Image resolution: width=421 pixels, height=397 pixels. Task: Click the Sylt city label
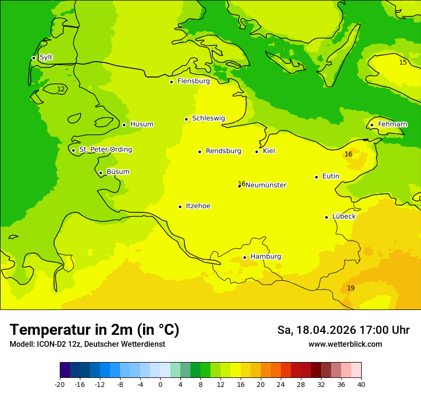(46, 57)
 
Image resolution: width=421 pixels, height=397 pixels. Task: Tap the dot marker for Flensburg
(171, 82)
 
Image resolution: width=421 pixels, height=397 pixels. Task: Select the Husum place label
(142, 124)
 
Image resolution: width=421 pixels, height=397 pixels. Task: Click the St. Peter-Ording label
(106, 150)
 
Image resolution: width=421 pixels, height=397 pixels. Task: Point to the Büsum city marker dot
(100, 173)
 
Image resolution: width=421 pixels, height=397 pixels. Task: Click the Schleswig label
(208, 118)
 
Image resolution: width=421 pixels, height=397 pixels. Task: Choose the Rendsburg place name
(223, 151)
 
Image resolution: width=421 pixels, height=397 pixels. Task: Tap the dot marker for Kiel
(257, 152)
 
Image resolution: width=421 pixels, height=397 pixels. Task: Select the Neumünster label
(266, 185)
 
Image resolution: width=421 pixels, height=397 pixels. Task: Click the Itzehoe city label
(198, 206)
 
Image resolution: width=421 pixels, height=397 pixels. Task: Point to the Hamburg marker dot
(244, 257)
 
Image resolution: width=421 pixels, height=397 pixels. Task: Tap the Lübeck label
(344, 217)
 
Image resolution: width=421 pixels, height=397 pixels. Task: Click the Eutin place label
(331, 176)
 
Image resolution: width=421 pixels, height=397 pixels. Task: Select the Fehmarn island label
(393, 124)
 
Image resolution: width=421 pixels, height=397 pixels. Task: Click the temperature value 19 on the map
(351, 288)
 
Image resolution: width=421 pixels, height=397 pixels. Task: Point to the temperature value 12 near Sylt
(61, 89)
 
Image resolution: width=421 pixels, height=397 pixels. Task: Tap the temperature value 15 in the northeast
(403, 63)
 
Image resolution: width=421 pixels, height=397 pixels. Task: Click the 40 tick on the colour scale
(361, 384)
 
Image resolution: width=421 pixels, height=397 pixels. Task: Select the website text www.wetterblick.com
(345, 344)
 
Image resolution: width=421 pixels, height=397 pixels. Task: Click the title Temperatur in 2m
(94, 330)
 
